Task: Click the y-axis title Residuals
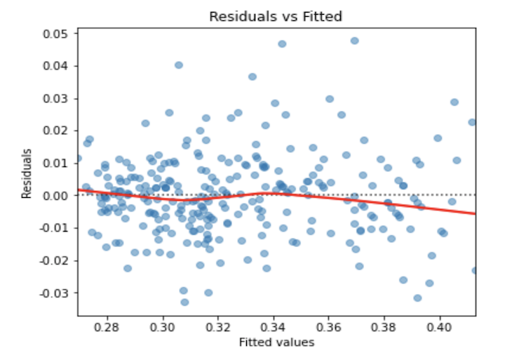tap(27, 173)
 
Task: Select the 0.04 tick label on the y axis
tap(57, 66)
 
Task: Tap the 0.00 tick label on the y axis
tap(57, 195)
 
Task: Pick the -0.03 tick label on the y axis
tap(55, 293)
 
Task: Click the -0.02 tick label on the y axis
tap(55, 260)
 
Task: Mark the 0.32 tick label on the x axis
tap(219, 327)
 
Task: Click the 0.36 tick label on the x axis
tap(329, 327)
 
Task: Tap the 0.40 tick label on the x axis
tap(440, 327)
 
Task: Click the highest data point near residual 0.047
tap(355, 41)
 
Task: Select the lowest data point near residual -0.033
tap(184, 302)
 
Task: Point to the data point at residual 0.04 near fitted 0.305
tap(179, 65)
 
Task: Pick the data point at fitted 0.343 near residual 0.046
tap(282, 44)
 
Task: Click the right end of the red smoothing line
tap(476, 213)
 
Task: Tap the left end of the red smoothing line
tap(78, 189)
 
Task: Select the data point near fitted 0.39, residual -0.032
tap(417, 298)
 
